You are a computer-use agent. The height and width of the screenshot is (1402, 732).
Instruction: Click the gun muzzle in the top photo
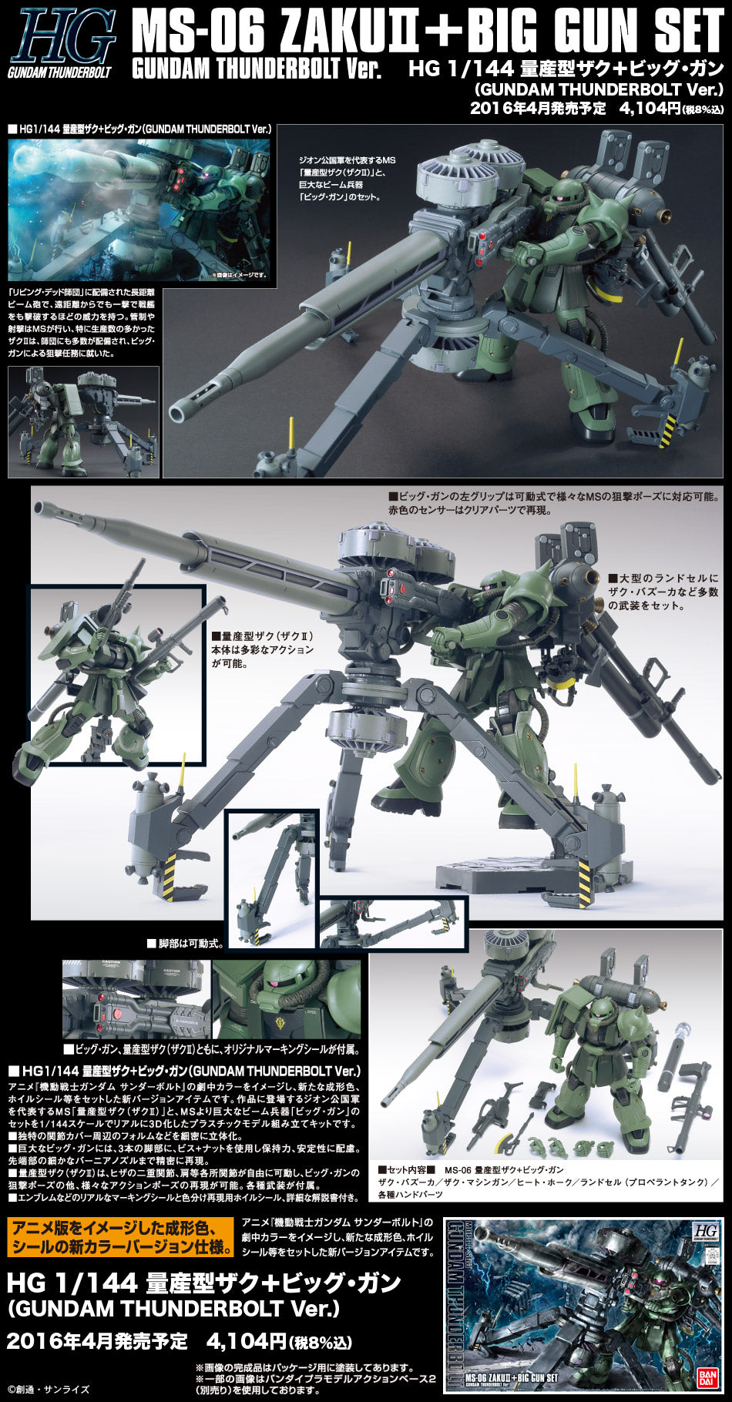[x=179, y=411]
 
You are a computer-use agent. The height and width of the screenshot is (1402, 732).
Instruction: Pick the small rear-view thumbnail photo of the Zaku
[x=83, y=421]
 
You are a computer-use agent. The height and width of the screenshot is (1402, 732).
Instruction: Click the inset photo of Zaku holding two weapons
[x=116, y=675]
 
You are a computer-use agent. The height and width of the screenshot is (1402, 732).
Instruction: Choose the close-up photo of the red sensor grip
[x=136, y=999]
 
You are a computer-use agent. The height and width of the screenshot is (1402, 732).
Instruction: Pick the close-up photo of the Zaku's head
[x=287, y=999]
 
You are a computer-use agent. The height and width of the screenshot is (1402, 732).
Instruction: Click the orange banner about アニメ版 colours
[x=120, y=1238]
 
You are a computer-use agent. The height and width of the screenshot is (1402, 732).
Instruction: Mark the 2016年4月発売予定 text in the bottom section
[x=97, y=1341]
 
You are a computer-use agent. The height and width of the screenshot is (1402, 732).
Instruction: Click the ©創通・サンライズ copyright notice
[x=48, y=1390]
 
